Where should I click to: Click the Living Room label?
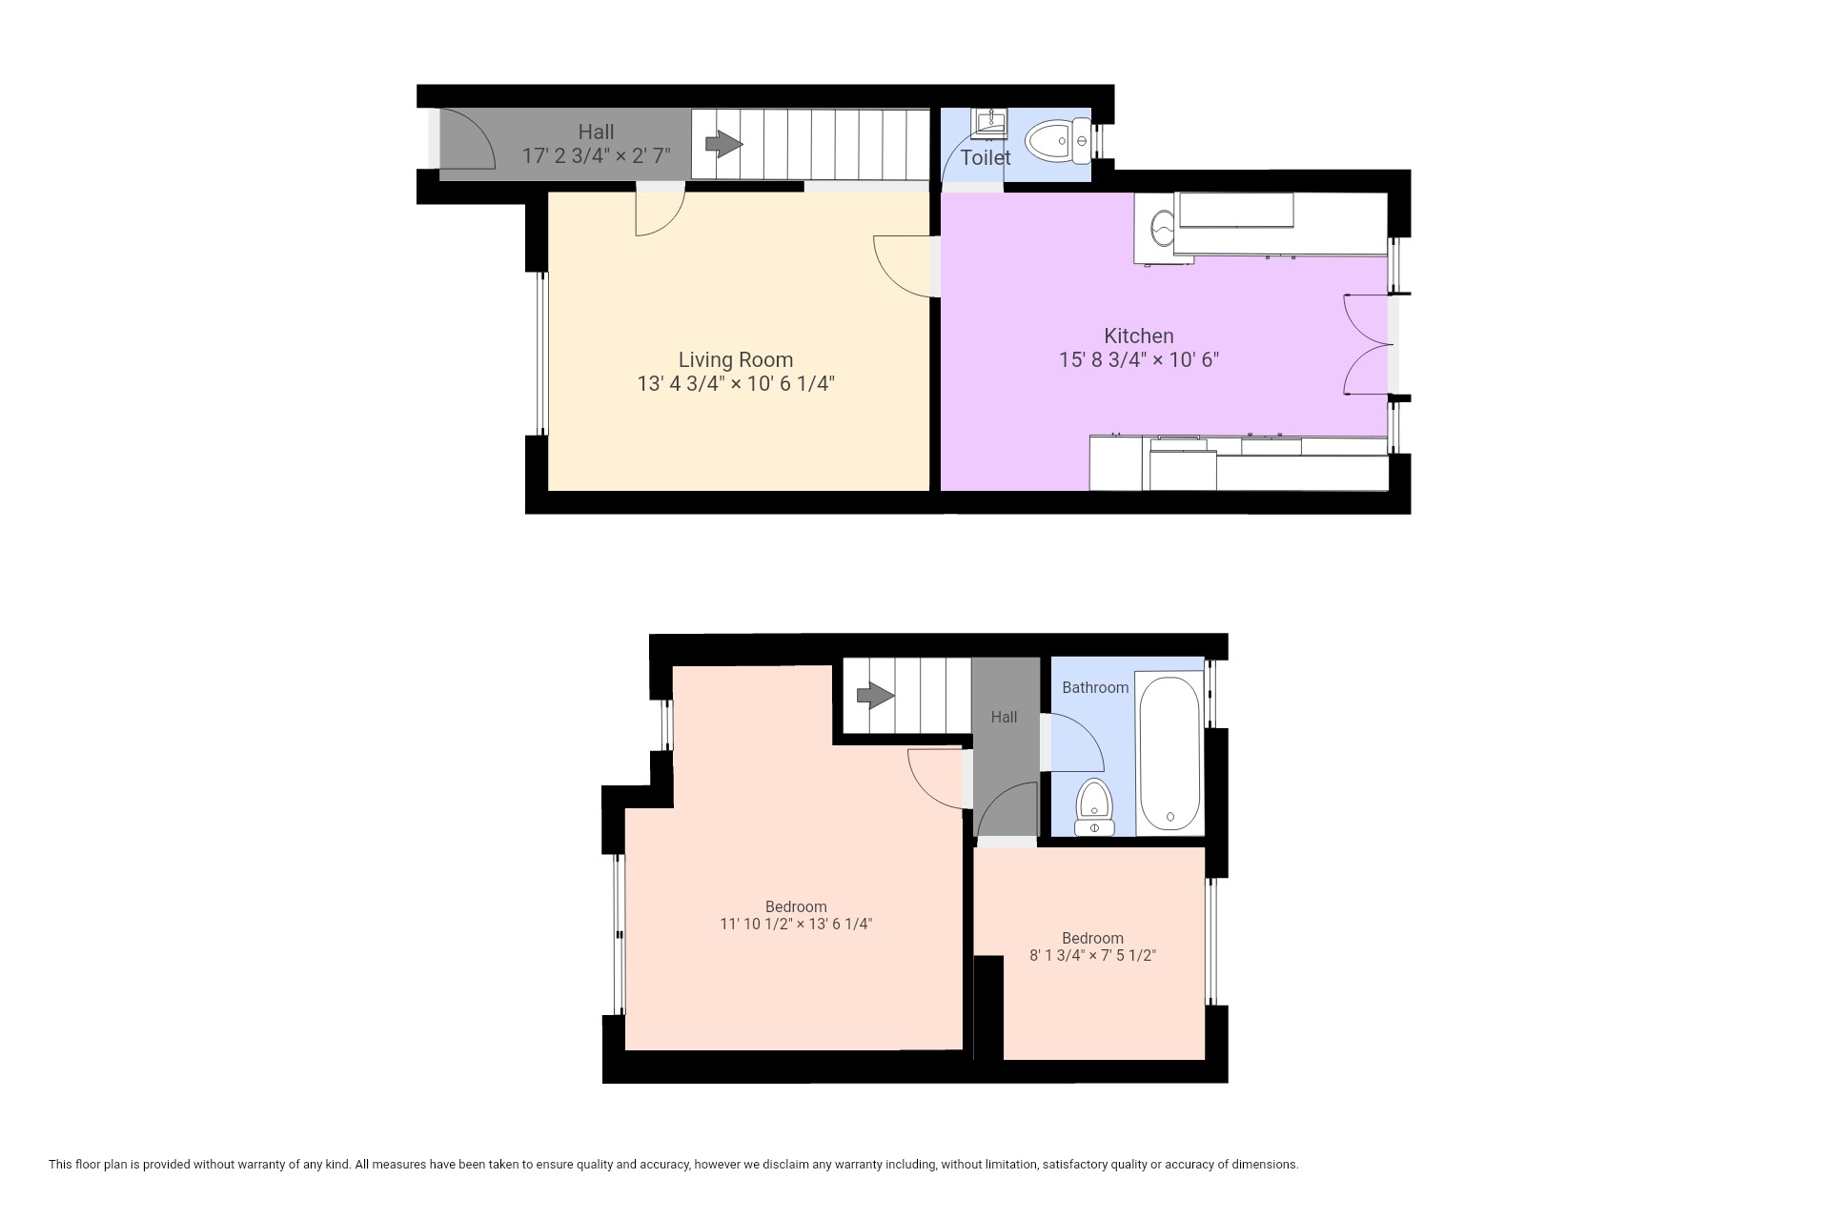tap(735, 359)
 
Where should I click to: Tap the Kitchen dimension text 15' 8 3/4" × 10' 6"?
tap(1139, 360)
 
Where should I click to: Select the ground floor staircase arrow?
tap(723, 144)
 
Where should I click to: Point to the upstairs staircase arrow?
tap(876, 696)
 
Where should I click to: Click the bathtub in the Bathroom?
tap(1169, 753)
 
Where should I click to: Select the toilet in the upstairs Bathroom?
tap(1094, 807)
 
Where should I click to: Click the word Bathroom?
tap(1095, 687)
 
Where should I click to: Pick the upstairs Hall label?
tap(1004, 717)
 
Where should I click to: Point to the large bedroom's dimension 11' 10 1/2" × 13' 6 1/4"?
tap(797, 924)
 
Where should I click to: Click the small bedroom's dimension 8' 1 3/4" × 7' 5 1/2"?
tap(1092, 955)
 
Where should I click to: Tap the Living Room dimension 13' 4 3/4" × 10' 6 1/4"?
tap(736, 384)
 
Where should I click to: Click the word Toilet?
tap(986, 157)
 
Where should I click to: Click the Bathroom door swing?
tap(1077, 742)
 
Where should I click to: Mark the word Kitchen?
tap(1139, 335)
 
